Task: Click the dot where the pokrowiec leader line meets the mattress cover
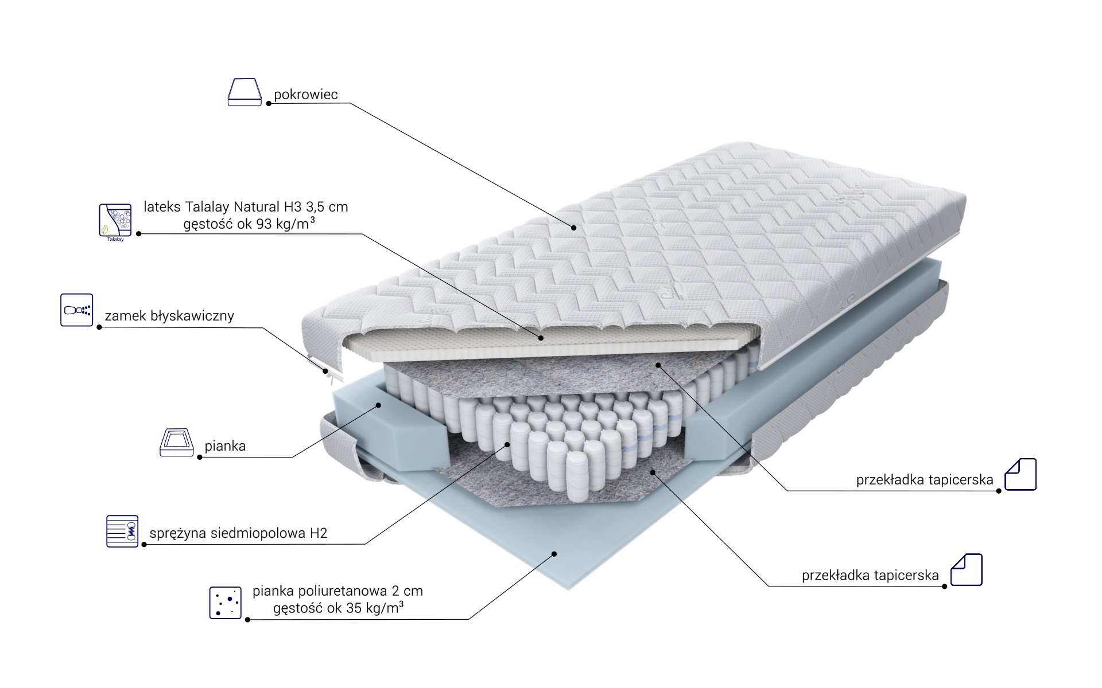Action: (x=573, y=228)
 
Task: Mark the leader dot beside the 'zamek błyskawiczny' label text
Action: (x=99, y=327)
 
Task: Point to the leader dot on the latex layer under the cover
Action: (x=541, y=338)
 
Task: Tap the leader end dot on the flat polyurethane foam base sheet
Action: (x=554, y=554)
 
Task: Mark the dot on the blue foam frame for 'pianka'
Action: (x=379, y=405)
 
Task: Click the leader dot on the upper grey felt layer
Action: (x=658, y=364)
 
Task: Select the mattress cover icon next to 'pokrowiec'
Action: (x=245, y=92)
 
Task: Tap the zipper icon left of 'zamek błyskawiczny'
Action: (x=77, y=311)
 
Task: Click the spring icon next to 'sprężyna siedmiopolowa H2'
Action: (x=123, y=530)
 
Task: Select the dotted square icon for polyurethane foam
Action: (x=226, y=603)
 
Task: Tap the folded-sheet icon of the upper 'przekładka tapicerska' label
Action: (x=1020, y=474)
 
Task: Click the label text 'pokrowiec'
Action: (x=306, y=95)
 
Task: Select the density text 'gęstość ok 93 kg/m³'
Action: (x=249, y=224)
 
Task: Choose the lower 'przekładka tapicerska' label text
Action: (x=870, y=576)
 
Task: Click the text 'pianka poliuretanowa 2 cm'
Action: (x=338, y=591)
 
